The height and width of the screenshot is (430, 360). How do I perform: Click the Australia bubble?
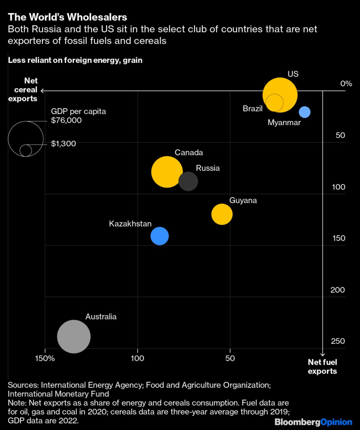coord(74,337)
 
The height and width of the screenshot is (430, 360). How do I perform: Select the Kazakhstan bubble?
coord(160,236)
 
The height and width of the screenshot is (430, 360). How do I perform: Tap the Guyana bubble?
coord(222,214)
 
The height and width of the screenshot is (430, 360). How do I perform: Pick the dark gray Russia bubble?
coord(188,181)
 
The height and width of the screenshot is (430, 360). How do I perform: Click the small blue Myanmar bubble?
coord(305,112)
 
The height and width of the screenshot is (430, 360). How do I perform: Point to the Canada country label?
coord(189,152)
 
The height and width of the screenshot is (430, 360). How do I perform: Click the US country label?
coord(293,74)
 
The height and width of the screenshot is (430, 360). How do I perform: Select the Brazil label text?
coord(252,108)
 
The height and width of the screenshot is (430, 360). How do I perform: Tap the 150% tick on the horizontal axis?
coord(45,359)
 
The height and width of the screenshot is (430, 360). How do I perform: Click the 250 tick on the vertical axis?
coord(338,341)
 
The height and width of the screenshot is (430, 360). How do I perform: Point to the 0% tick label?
coord(346,83)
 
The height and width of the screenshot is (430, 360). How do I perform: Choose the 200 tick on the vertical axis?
coord(338,290)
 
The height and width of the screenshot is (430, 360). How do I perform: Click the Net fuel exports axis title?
coord(323,366)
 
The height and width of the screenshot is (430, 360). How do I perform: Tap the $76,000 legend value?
coord(67,120)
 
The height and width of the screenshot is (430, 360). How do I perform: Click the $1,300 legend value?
coord(64,144)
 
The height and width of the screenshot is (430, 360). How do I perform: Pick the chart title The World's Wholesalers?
coord(68,19)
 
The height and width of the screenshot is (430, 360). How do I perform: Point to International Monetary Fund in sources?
coord(58,393)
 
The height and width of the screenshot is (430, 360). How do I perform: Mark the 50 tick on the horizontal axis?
coord(230,359)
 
